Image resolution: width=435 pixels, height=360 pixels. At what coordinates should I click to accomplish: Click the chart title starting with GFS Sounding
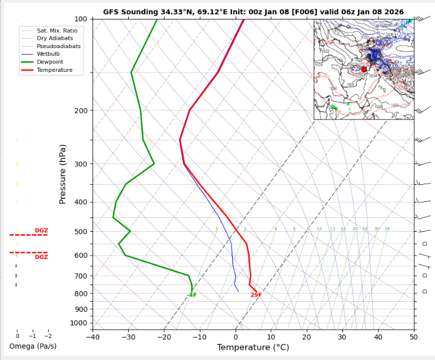pos(253,11)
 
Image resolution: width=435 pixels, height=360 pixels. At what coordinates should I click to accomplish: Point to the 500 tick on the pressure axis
pos(80,232)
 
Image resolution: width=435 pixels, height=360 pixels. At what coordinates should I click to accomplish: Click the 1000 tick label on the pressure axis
pos(78,323)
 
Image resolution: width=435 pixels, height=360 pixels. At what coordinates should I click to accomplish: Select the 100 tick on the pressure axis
pos(80,20)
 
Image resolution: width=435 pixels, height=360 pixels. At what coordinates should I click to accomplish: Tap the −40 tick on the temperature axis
pos(93,337)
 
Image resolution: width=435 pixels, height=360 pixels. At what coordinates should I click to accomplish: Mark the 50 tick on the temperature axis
pos(413,337)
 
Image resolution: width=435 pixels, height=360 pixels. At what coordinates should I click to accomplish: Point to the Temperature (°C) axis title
pos(253,348)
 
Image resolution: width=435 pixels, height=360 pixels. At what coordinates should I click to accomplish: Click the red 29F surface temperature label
pos(256,295)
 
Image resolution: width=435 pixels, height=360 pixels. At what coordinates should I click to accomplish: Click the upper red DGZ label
pos(41,230)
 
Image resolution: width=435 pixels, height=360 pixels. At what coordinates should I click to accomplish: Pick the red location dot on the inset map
pos(364,70)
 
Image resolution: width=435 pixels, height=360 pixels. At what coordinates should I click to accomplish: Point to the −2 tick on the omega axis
pos(48,336)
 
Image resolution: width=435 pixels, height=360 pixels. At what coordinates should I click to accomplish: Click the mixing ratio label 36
pos(387,229)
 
